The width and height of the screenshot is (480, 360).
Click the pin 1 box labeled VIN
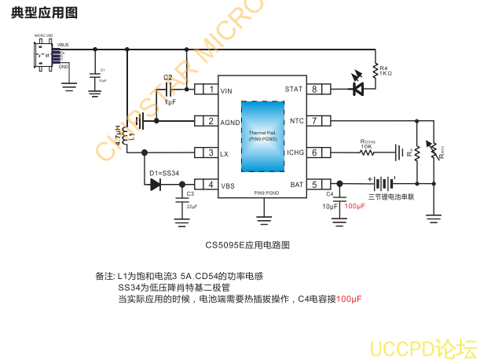[211, 90]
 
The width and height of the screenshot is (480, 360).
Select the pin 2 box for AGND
[211, 121]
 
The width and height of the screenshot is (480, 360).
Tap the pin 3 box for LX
[211, 153]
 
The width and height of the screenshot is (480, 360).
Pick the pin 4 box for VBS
[211, 185]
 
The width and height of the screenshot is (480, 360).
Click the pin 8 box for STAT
[314, 90]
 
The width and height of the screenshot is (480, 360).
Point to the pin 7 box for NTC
[314, 121]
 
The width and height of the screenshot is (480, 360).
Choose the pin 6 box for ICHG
[314, 153]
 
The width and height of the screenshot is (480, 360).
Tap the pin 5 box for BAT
[314, 185]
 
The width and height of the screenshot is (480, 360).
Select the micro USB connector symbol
[44, 55]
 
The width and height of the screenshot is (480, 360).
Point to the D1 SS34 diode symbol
[155, 185]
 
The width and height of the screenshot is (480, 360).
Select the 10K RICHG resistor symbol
[368, 153]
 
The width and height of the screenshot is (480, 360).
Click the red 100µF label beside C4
[355, 206]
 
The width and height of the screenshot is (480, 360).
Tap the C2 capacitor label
[168, 77]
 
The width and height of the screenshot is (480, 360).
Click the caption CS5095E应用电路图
[247, 245]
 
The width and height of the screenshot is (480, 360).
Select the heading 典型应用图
[44, 13]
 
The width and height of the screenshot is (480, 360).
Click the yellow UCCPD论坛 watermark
[423, 347]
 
